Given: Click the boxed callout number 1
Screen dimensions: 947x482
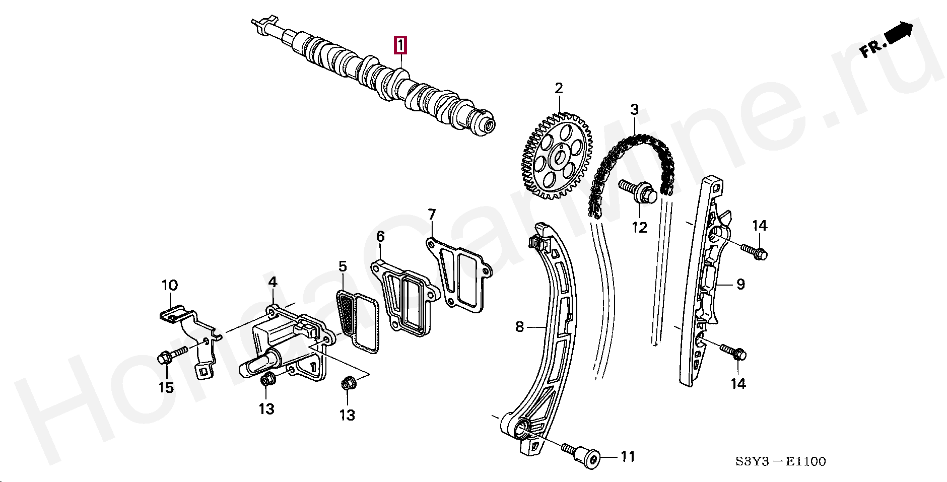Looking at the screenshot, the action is (400, 45).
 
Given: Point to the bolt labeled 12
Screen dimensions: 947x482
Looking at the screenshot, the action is (636, 192).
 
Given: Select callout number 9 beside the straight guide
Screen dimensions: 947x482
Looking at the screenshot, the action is (740, 285).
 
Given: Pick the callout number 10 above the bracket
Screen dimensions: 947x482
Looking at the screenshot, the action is (170, 286).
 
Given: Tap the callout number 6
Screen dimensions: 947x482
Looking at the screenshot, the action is (380, 236).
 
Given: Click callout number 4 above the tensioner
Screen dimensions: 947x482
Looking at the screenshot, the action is (272, 282).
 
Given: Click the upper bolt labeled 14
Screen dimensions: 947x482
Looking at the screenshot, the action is (754, 251).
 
